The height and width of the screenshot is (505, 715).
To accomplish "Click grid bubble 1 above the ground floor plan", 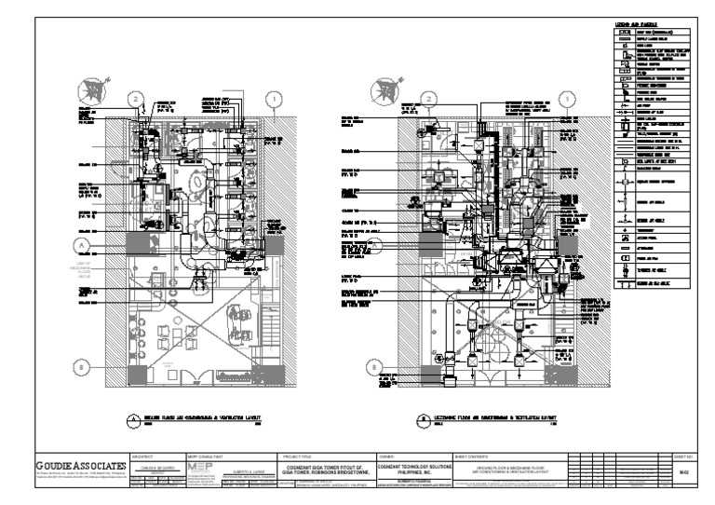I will click(274, 98).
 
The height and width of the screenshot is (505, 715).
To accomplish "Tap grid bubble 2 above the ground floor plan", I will click(137, 98).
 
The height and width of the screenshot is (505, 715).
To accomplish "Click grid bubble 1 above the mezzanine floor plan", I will click(562, 98).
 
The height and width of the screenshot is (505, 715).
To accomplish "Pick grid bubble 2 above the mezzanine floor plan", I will click(427, 98).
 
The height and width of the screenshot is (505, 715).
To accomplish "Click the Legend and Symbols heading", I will click(635, 22).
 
